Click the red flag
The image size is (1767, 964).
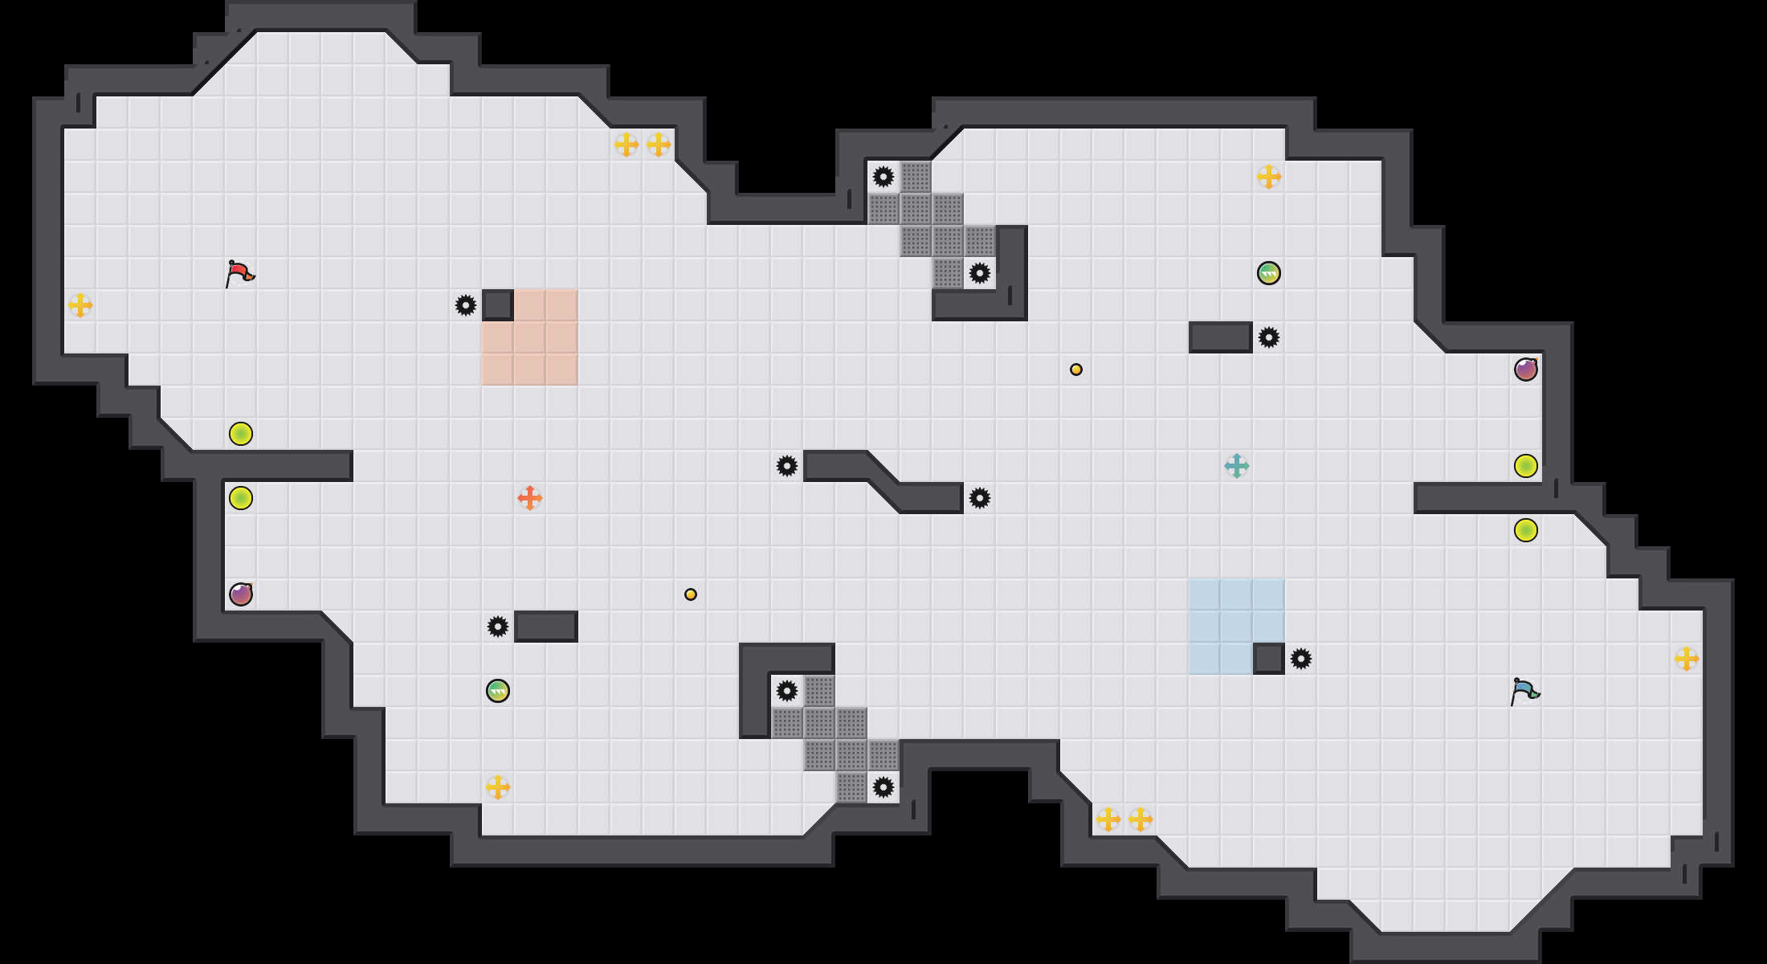pyautogui.click(x=239, y=273)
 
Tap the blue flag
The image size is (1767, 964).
pyautogui.click(x=1524, y=691)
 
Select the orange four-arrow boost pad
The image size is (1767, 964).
pyautogui.click(x=530, y=498)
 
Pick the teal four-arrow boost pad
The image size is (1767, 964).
pyautogui.click(x=1237, y=466)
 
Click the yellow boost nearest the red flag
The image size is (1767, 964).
pyautogui.click(x=80, y=305)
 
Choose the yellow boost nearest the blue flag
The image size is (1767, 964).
pyautogui.click(x=1687, y=659)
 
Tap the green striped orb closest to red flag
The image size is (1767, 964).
pyautogui.click(x=498, y=691)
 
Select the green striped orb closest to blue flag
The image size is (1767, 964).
pyautogui.click(x=1269, y=273)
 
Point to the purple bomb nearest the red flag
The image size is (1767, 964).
pyautogui.click(x=241, y=594)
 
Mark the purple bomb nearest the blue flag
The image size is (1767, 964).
pyautogui.click(x=1526, y=370)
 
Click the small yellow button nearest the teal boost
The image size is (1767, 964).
pyautogui.click(x=1076, y=370)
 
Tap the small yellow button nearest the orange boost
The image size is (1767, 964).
pyautogui.click(x=691, y=594)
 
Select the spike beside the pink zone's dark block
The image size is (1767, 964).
pyautogui.click(x=466, y=305)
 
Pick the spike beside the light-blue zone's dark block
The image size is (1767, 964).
pyautogui.click(x=1301, y=659)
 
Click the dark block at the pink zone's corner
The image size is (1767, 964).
pyautogui.click(x=498, y=305)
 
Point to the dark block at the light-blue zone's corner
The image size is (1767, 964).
pyautogui.click(x=1269, y=659)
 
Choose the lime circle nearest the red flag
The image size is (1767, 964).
pyautogui.click(x=241, y=434)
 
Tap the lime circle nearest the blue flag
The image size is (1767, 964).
pyautogui.click(x=1526, y=530)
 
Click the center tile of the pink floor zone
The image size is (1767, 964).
pyautogui.click(x=530, y=337)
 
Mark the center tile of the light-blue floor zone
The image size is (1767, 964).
pyautogui.click(x=1237, y=627)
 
